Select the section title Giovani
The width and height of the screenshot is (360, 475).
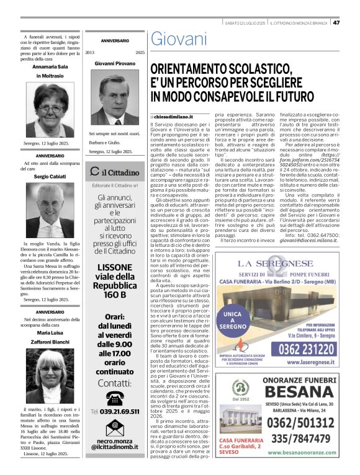[x=179, y=39]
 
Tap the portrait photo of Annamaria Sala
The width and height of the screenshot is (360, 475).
[x=47, y=107]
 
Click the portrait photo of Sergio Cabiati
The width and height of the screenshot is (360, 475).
[x=47, y=211]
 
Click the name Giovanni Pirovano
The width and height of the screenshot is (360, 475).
[x=115, y=63]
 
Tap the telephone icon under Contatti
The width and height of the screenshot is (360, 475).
[x=115, y=398]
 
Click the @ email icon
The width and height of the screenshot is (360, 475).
[x=115, y=426]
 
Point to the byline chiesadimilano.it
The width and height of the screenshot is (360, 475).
[x=176, y=117]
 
